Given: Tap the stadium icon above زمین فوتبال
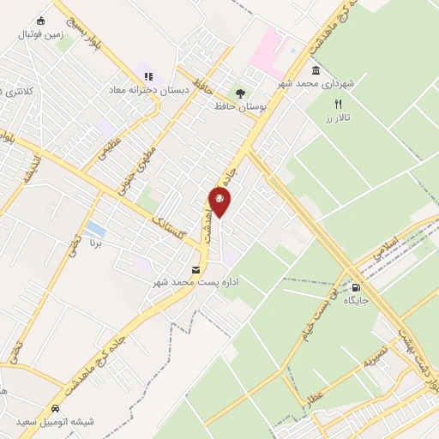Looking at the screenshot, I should click(x=40, y=21).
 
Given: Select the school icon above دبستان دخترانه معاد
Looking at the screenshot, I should click(x=148, y=76).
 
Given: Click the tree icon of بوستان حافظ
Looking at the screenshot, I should click(x=239, y=93).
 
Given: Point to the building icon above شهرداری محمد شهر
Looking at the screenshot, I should click(x=316, y=69).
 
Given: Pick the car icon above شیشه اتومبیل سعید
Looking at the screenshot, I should click(x=55, y=408).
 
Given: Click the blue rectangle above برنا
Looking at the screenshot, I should click(x=97, y=230).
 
